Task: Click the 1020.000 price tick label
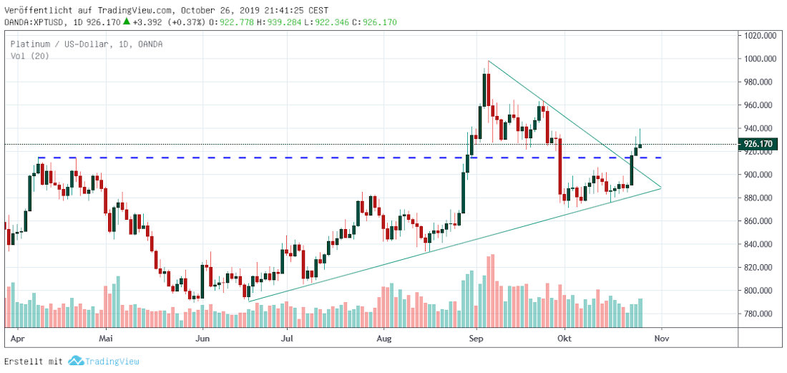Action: pos(761,36)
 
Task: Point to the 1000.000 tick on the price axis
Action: pos(761,59)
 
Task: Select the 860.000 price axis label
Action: pos(758,221)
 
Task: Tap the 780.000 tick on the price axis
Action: pos(758,314)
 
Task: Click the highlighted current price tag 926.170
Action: pos(759,144)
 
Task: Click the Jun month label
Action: pos(204,336)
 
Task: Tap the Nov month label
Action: pos(662,336)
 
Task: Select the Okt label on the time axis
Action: pos(565,336)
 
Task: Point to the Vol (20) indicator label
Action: pos(29,56)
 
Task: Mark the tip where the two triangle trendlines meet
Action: pos(661,188)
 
